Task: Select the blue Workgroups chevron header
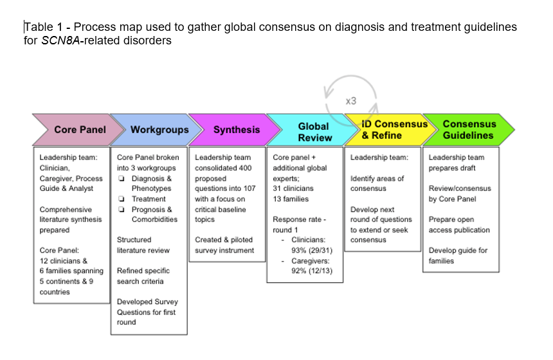click(x=159, y=129)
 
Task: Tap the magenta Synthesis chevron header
click(x=236, y=129)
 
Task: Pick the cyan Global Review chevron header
click(x=314, y=131)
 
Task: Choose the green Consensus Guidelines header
click(x=468, y=129)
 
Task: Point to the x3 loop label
click(x=350, y=101)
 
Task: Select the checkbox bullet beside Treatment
click(x=121, y=199)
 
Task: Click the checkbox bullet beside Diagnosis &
click(x=121, y=179)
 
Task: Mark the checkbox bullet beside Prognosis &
click(x=121, y=210)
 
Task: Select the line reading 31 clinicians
click(x=293, y=188)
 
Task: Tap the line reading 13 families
click(x=290, y=199)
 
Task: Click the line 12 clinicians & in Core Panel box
click(x=63, y=261)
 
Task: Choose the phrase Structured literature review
click(x=143, y=245)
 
